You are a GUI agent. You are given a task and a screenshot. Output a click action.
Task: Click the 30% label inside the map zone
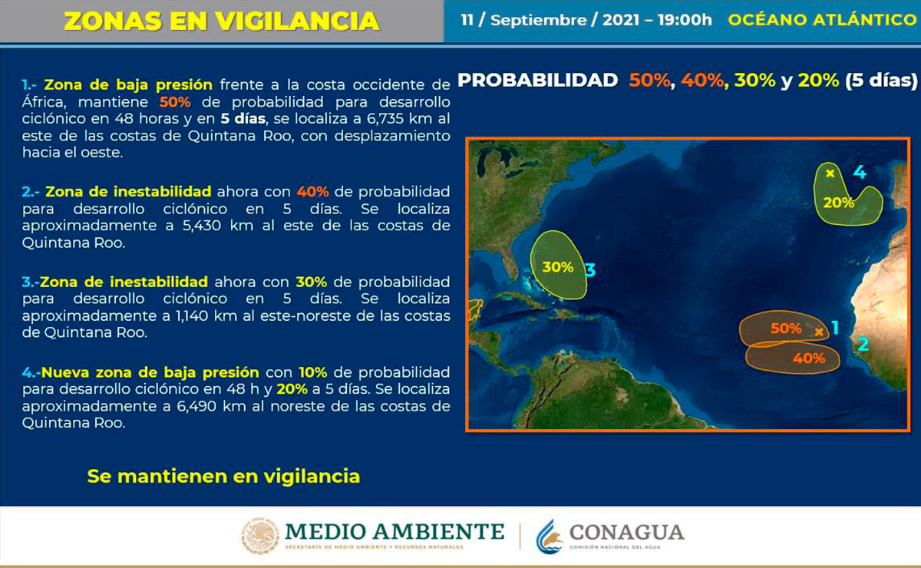click(557, 267)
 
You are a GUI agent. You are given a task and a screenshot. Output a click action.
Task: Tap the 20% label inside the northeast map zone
click(838, 203)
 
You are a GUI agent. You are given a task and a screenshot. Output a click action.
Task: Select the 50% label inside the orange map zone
click(786, 329)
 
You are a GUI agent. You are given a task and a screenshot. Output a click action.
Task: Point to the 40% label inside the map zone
click(809, 358)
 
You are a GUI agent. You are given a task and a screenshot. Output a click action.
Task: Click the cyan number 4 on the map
click(860, 173)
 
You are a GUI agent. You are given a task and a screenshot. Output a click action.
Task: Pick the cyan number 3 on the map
click(589, 271)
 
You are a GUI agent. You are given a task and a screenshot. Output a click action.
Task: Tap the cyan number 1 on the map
click(835, 328)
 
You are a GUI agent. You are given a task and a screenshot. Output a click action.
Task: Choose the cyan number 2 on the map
click(863, 345)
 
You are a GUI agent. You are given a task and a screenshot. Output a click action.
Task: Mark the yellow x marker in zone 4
click(830, 173)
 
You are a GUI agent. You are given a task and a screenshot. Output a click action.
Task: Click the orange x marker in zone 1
click(819, 332)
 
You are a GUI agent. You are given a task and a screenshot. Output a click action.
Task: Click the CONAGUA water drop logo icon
click(550, 537)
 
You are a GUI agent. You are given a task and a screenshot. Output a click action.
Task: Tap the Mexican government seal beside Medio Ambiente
click(260, 536)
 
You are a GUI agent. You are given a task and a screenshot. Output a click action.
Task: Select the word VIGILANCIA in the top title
click(297, 21)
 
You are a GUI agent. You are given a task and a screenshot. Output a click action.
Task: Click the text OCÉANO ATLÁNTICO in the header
click(822, 20)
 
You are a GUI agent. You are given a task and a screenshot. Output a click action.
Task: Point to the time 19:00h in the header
click(685, 20)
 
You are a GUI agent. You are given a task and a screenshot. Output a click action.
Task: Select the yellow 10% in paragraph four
click(313, 372)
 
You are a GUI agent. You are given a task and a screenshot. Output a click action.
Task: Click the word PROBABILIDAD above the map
click(538, 80)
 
